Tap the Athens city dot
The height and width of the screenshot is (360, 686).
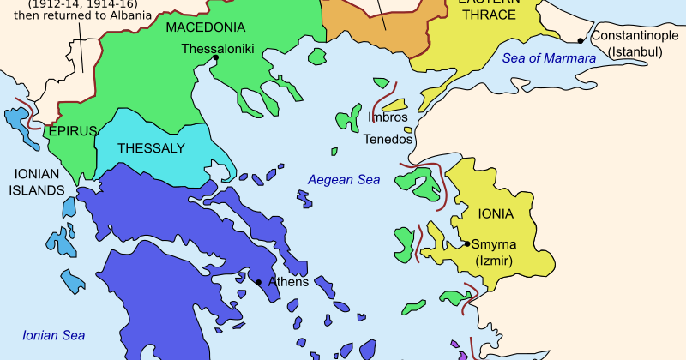coord(258,282)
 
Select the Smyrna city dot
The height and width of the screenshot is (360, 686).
coord(466,244)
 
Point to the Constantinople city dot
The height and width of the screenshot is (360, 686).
coord(581,40)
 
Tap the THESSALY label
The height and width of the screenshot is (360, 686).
coord(151,148)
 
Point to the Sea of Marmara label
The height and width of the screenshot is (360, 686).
coord(548,57)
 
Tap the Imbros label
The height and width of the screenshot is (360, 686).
coord(386,117)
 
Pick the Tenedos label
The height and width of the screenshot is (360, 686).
coord(388,138)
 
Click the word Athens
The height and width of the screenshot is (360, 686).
coord(286,281)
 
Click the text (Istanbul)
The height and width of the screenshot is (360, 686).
coord(635,52)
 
